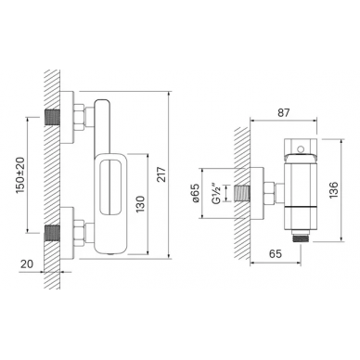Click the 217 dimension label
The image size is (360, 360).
point(162,174)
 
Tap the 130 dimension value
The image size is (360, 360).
point(140,204)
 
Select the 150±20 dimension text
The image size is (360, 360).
point(20,174)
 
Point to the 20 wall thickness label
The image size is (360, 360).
point(27,264)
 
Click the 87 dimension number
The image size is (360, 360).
point(283,113)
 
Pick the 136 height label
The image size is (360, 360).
point(334,190)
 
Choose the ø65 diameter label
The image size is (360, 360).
point(196,193)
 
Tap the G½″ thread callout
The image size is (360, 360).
point(218,194)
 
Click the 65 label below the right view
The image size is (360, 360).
point(276,254)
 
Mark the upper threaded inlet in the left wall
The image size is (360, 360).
point(53,117)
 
